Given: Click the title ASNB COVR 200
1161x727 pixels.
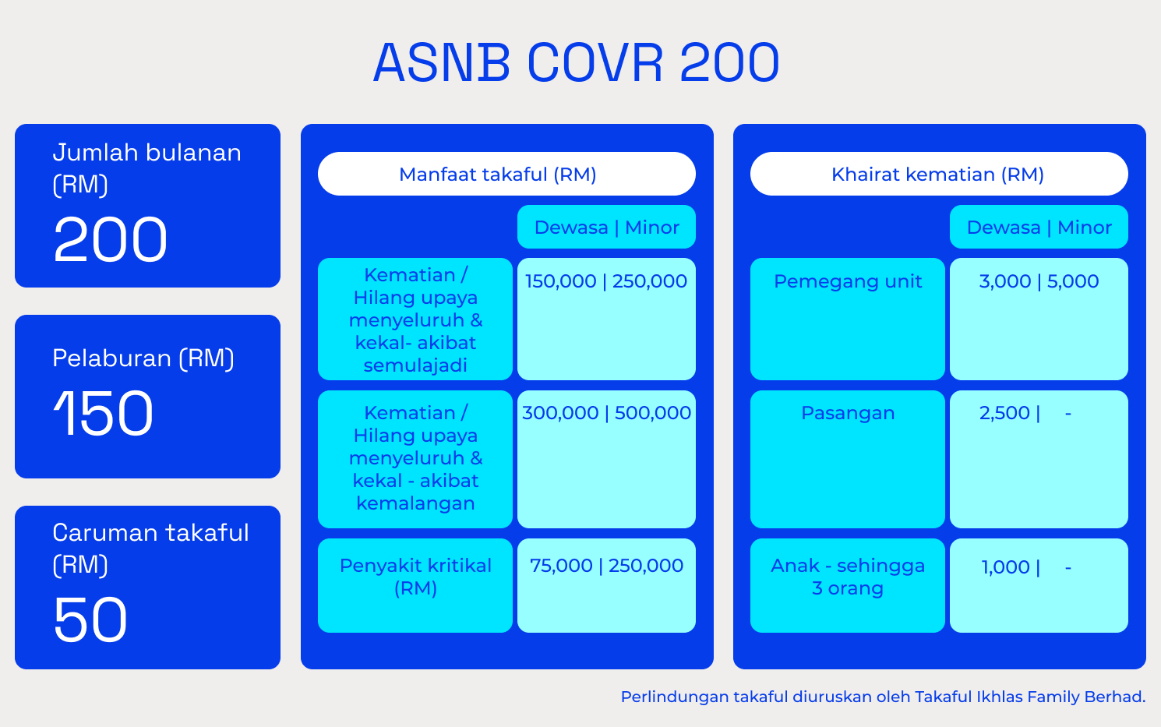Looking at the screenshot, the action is tap(577, 62).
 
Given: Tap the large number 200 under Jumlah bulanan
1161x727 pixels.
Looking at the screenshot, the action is tap(111, 239).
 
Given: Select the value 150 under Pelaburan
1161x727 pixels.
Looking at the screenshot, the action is tap(103, 414).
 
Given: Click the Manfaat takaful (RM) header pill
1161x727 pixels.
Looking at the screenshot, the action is tap(506, 174).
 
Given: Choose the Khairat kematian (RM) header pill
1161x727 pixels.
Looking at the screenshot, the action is tap(939, 174).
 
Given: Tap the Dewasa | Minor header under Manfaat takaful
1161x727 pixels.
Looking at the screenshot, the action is tap(606, 227).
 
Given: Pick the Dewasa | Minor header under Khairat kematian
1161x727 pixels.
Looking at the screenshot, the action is tap(1039, 227).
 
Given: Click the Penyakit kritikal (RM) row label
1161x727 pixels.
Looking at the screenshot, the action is tap(415, 577).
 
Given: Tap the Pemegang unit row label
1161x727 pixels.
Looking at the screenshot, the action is tap(848, 281).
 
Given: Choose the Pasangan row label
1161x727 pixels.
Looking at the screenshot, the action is tap(848, 413).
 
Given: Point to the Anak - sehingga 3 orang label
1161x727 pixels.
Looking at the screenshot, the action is tap(848, 577).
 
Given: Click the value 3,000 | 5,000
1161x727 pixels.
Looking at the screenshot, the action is tap(1039, 281).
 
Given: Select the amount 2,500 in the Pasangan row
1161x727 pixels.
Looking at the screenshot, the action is tap(1004, 413).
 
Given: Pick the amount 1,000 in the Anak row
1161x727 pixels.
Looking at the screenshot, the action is tap(1005, 567).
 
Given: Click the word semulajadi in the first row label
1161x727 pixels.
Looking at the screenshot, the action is tap(415, 365).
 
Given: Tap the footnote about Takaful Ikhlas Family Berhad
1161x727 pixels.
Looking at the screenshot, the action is tap(883, 697).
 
